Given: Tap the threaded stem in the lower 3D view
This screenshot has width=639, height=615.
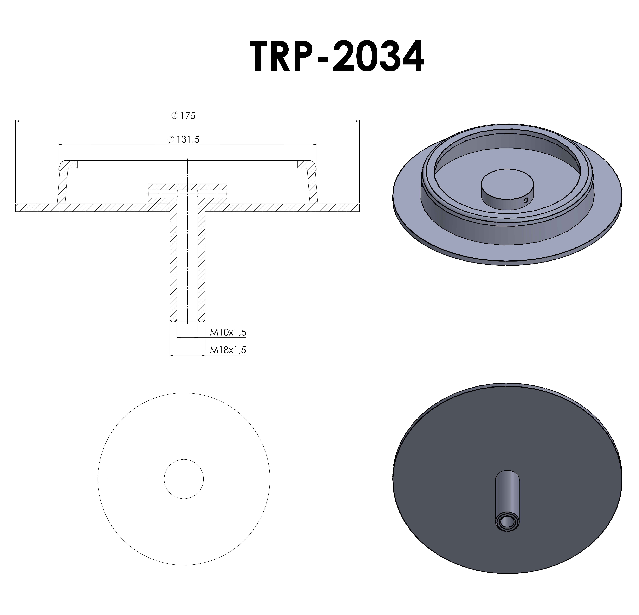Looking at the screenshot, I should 507,499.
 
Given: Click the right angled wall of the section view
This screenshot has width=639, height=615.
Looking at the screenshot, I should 312,186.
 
